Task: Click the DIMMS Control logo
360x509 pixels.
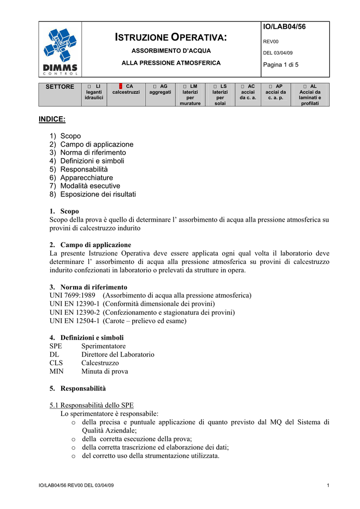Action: pos(60,50)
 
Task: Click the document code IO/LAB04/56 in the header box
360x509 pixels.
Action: pos(284,27)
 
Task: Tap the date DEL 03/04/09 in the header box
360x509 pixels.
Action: pos(278,53)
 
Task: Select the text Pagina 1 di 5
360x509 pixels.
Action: pos(281,65)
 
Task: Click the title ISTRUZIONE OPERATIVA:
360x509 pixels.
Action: pos(171,37)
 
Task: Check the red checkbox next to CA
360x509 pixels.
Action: pos(120,86)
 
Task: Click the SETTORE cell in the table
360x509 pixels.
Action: pos(60,87)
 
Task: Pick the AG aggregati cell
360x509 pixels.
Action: pos(160,89)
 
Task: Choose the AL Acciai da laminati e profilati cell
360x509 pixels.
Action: pos(310,94)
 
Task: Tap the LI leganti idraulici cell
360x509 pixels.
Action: pos(94,92)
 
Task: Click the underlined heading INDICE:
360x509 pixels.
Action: pos(52,119)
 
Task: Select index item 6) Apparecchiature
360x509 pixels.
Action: pos(81,177)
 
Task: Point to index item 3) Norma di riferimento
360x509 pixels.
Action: pos(88,153)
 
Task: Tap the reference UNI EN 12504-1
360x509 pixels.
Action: pos(75,321)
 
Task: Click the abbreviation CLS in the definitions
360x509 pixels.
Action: pos(56,363)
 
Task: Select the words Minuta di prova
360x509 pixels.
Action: pos(104,371)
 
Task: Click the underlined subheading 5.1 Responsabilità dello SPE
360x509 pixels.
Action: pos(91,405)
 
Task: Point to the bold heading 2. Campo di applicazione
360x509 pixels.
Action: pos(90,245)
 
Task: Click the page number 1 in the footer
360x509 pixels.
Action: pos(329,485)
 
